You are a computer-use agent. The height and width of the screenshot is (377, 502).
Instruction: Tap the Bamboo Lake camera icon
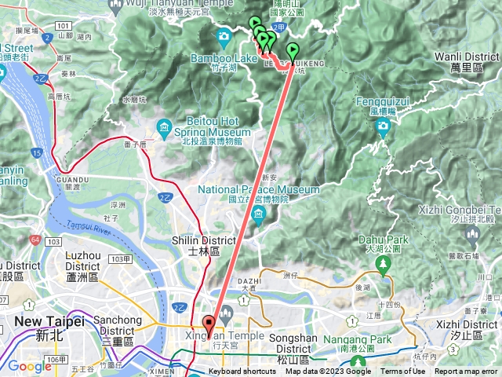(224, 35)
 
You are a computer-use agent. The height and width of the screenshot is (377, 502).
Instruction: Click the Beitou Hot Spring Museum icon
(164, 126)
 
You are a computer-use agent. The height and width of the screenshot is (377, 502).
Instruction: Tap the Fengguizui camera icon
(383, 126)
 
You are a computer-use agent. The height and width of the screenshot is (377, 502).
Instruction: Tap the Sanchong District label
(118, 325)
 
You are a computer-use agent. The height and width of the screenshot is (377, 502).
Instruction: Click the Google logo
(29, 366)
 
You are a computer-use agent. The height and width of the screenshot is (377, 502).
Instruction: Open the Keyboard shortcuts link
(242, 372)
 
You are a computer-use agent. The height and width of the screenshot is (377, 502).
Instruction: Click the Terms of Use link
(403, 372)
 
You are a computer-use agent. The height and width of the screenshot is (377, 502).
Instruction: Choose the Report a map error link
(466, 372)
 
